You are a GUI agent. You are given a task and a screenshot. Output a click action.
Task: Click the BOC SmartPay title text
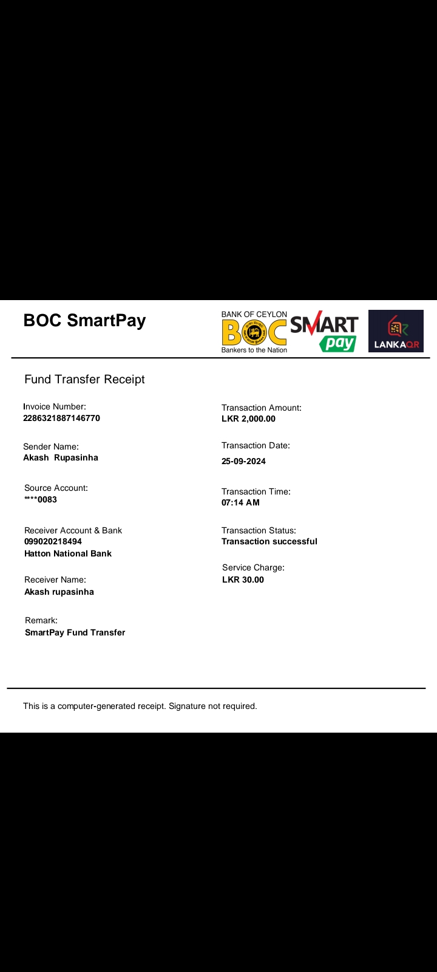pos(84,320)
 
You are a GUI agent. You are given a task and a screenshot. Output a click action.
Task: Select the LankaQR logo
pos(396,331)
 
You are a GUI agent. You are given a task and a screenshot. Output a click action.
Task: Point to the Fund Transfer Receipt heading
pos(84,379)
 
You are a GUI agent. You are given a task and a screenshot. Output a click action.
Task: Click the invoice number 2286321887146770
pos(61,418)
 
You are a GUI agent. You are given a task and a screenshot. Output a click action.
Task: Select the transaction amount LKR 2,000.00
pos(248,419)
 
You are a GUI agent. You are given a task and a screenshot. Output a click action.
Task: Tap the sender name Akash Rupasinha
pos(61,457)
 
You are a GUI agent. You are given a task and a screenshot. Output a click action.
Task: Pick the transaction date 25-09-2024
pos(243,461)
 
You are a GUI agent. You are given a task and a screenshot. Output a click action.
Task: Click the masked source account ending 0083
pos(41,499)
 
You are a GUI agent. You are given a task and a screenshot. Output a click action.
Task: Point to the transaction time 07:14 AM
pos(240,502)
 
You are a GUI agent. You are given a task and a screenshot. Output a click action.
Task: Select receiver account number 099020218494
pos(53,541)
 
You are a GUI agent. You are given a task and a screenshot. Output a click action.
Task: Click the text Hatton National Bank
pos(68,553)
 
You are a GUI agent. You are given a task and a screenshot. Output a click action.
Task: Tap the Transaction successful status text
pos(269,541)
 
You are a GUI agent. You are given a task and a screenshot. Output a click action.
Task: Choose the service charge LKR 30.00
pos(243,580)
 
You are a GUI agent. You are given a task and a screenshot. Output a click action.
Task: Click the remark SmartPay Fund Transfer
pos(75,632)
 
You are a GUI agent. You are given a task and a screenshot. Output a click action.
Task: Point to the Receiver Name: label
pos(55,580)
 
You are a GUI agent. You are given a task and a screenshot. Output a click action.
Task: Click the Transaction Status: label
pos(259,530)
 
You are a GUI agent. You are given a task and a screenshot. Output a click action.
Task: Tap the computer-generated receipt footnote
pos(140,706)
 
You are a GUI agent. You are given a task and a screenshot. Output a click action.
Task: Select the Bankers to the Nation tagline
pos(254,350)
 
